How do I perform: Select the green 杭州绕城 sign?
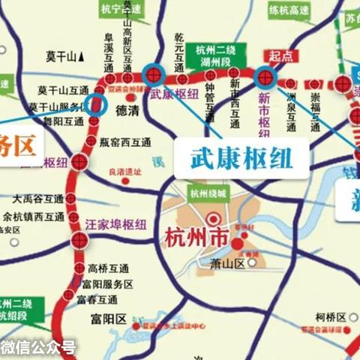coord(207,192)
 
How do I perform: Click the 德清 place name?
coord(129,108)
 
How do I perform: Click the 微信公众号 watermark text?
coord(37,346)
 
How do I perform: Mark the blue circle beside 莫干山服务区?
coord(95,104)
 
